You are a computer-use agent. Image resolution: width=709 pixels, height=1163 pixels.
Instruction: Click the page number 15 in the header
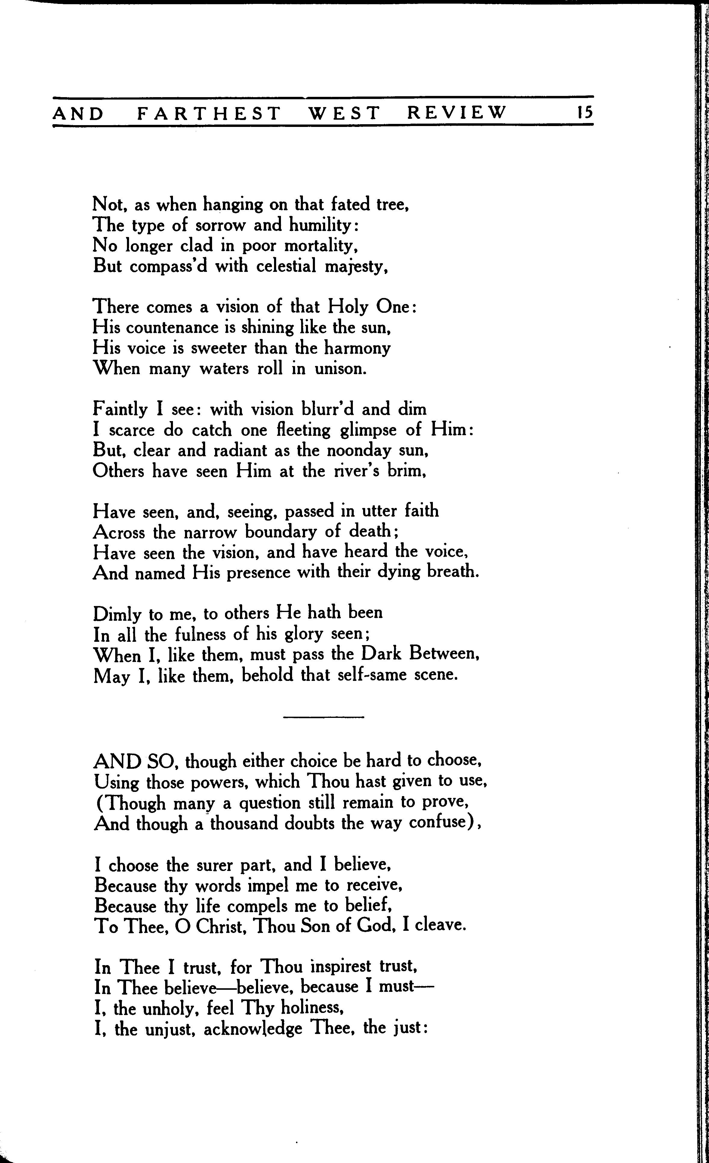point(584,113)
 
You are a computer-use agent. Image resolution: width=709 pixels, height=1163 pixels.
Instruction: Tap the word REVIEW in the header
point(456,113)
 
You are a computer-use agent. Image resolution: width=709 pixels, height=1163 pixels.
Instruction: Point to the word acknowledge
point(253,1029)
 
